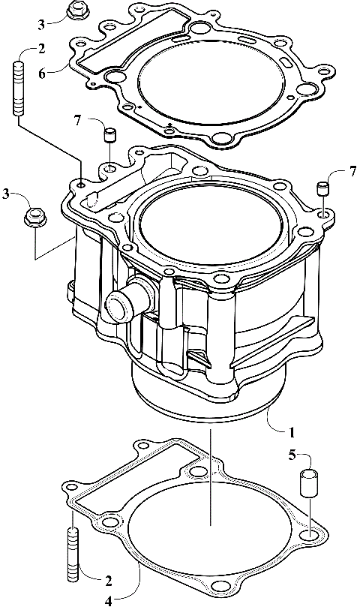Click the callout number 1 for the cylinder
[x=292, y=432]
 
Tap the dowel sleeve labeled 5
[x=310, y=482]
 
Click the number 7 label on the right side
[x=353, y=173]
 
